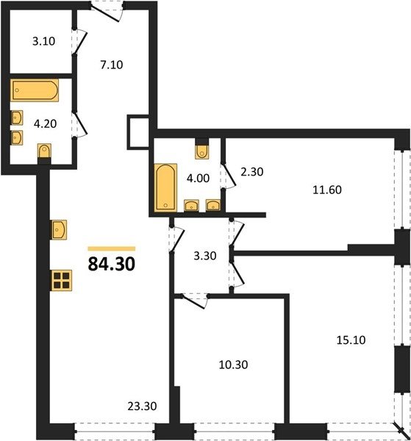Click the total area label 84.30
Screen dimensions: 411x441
tap(112, 265)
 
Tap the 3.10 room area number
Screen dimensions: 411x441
tap(43, 41)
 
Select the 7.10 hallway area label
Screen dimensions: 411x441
tap(112, 65)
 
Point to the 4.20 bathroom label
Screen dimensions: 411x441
tap(46, 123)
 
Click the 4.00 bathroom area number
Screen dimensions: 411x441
tap(199, 179)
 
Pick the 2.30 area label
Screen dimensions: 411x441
tap(252, 171)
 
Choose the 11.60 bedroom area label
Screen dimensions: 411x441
tap(327, 190)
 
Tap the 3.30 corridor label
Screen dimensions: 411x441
tap(205, 256)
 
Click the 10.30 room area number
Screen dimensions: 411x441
tap(233, 365)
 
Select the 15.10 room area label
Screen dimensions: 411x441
tap(351, 340)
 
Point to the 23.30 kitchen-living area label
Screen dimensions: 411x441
tap(142, 406)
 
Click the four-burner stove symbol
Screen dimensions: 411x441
tap(61, 280)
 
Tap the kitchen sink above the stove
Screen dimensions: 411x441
tap(59, 230)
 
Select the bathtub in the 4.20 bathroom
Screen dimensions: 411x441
tap(35, 90)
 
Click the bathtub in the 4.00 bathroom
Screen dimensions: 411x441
tap(165, 187)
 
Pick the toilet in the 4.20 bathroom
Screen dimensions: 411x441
tap(44, 151)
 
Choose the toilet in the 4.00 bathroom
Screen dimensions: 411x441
tap(202, 151)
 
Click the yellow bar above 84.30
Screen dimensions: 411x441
tap(112, 248)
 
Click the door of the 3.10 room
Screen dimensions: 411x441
tap(79, 42)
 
